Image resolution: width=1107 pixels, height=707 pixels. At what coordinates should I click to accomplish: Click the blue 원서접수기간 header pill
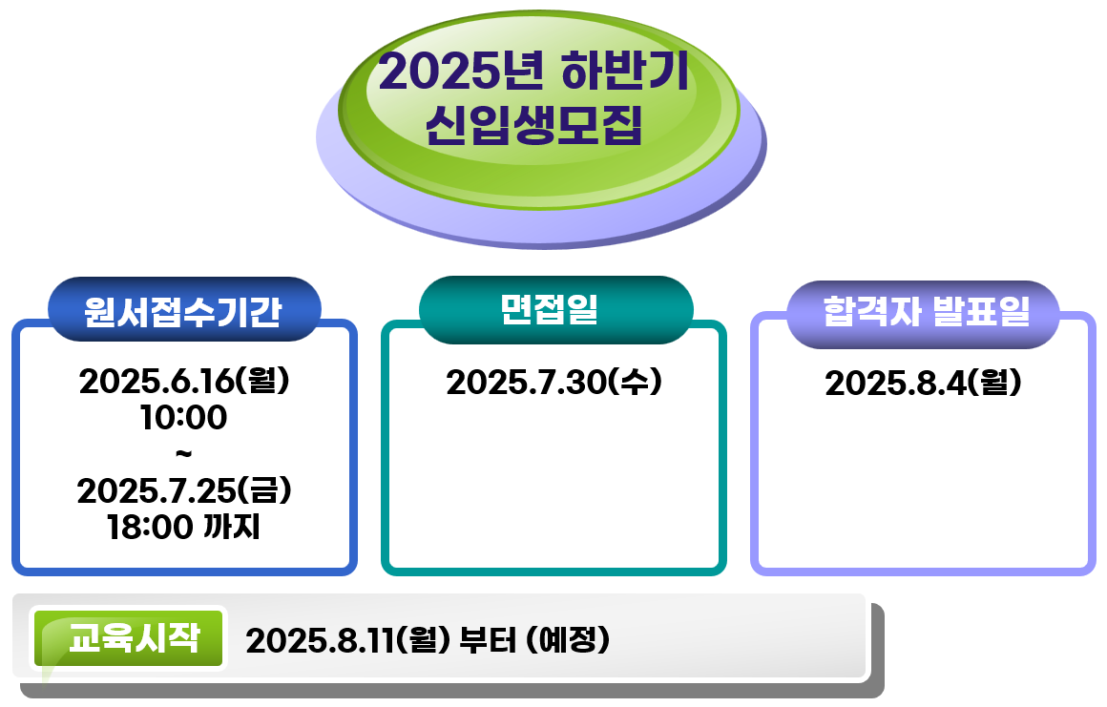coord(184,309)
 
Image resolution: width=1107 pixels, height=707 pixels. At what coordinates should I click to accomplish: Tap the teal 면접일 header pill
coord(555,309)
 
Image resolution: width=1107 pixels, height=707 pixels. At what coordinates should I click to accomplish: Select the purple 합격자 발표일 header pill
coord(924,313)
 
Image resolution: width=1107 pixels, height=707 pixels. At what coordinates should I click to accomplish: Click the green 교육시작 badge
coord(129,638)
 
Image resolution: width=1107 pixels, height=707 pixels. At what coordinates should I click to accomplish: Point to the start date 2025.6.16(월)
coord(184,381)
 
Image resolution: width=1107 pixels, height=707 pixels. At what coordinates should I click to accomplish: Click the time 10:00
coord(183,417)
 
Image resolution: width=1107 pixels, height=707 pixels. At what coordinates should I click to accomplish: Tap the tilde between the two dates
coord(183,454)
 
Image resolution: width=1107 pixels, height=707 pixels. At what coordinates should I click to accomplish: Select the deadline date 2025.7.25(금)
coord(184,490)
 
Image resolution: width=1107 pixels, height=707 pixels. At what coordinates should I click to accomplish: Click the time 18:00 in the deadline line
coord(150,527)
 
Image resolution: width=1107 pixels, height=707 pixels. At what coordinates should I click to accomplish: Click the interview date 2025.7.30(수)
coord(554,382)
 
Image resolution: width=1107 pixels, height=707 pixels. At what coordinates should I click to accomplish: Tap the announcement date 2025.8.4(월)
coord(924,384)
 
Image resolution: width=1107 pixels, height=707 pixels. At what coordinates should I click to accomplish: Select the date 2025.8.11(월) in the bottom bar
coord(348,640)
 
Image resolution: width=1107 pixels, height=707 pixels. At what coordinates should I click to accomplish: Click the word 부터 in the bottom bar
coord(488,640)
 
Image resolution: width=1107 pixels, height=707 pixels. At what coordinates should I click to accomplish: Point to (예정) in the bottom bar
coord(568,640)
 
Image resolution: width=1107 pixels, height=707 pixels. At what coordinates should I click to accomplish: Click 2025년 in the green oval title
coord(462,72)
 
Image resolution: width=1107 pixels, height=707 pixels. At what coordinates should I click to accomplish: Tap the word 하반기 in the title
coord(625,71)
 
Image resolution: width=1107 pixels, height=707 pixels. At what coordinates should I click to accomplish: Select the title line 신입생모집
coord(533,125)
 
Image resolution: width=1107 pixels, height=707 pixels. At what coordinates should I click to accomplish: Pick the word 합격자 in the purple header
coord(871,311)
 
